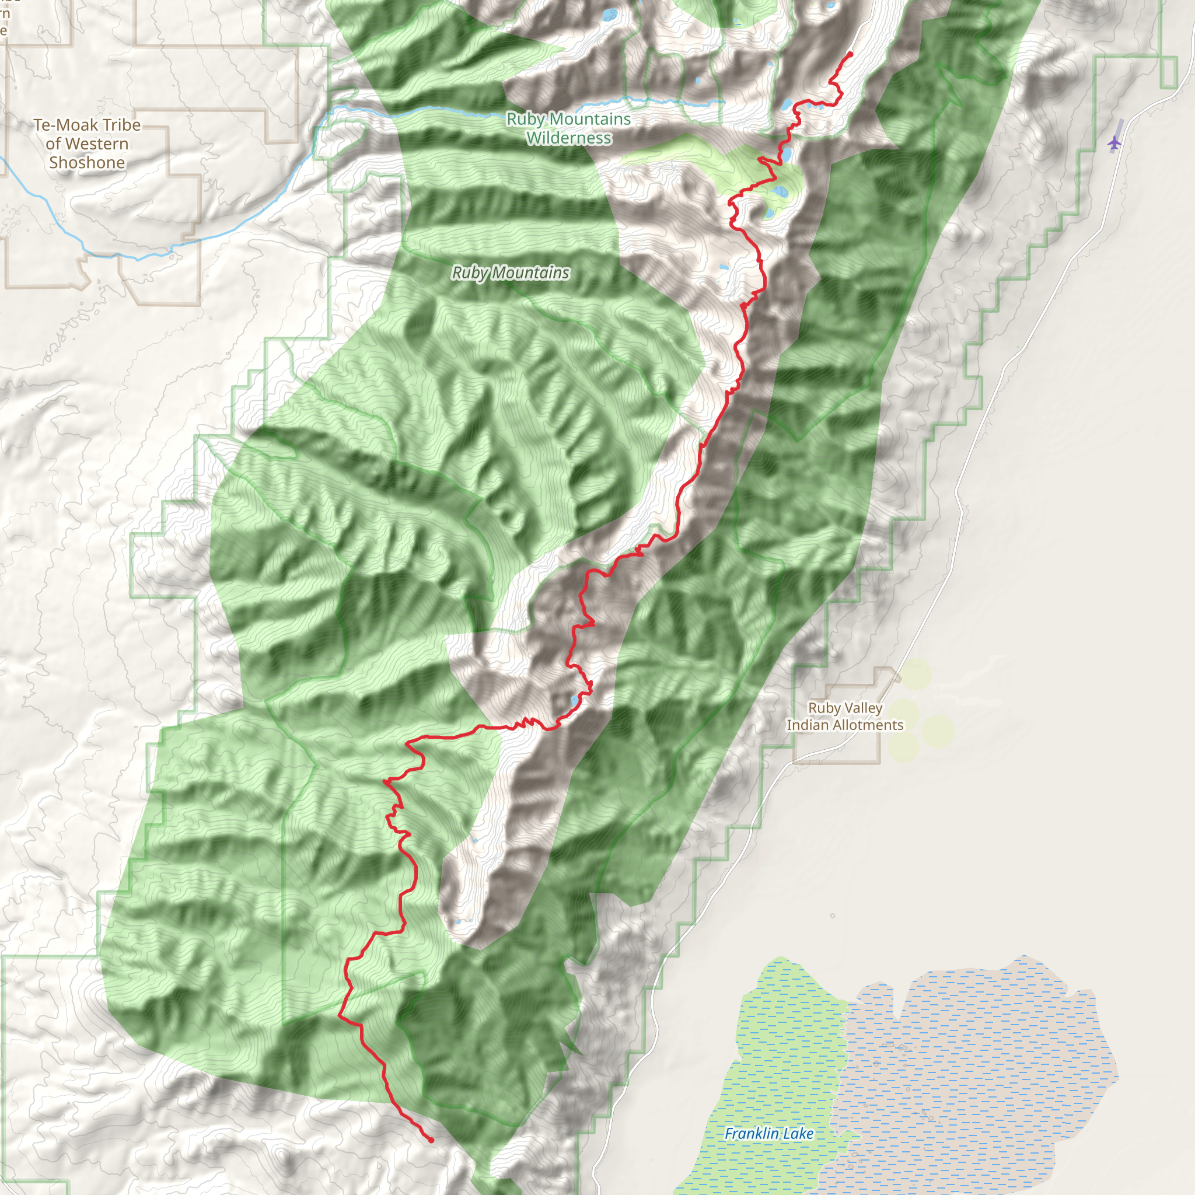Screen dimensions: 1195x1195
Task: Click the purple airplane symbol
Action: pos(1114,143)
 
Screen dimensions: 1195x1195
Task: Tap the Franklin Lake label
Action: pos(769,1133)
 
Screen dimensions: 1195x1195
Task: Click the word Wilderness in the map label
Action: pos(569,138)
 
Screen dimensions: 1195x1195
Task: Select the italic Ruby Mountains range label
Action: pos(511,272)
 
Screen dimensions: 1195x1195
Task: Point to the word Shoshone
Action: pos(87,163)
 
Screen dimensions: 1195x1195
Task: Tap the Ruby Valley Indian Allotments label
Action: pos(845,717)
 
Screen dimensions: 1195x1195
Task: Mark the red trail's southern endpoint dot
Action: pos(431,1140)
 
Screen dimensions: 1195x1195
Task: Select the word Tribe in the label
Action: pos(122,125)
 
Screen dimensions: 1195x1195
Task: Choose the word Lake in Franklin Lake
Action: pos(798,1133)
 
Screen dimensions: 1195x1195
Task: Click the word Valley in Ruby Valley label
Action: pos(862,708)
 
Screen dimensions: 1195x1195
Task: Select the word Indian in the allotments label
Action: pos(806,725)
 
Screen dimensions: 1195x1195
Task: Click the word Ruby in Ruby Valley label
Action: pos(823,708)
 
